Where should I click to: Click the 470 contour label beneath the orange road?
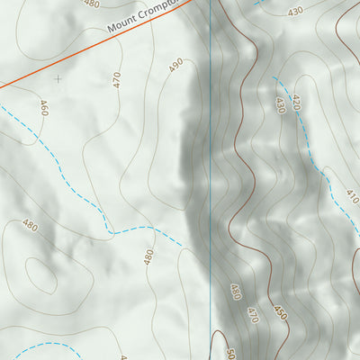tap(116, 79)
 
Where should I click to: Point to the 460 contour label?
tap(42, 109)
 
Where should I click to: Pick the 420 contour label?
tap(296, 102)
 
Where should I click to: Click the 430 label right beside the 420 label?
tap(280, 105)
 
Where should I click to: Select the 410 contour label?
tap(352, 197)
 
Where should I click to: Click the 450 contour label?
tap(280, 312)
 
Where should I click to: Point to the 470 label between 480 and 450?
tap(253, 316)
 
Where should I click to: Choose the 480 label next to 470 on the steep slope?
tap(236, 292)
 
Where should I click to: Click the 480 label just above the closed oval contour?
tap(30, 226)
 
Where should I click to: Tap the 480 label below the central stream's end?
tap(148, 257)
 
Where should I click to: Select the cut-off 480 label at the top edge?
tap(91, 4)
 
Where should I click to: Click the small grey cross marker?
tap(58, 78)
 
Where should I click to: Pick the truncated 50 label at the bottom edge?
tap(229, 353)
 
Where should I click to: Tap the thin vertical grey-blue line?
tap(211, 180)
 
